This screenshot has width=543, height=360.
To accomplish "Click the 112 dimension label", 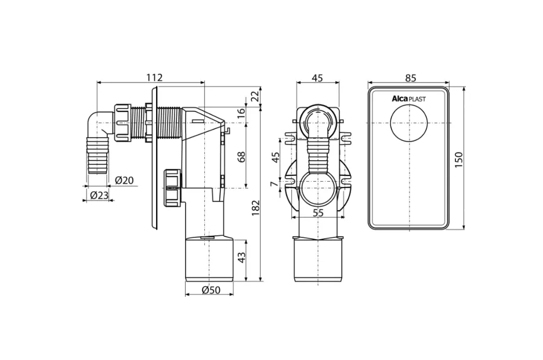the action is [154, 77].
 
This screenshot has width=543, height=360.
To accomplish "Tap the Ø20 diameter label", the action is [124, 181].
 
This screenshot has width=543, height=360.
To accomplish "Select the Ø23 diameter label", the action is [99, 196].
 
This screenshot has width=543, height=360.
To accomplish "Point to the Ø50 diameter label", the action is [211, 290].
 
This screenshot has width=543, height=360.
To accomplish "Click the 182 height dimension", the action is [255, 208].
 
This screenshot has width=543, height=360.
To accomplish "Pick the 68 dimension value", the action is [241, 157].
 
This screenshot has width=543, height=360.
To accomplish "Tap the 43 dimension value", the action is [241, 257].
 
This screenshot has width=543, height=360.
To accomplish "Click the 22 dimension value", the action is [255, 96].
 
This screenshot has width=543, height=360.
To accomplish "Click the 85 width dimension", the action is [410, 78].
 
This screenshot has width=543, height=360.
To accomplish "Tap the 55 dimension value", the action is [318, 213].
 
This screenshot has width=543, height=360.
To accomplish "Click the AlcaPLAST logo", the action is [408, 99].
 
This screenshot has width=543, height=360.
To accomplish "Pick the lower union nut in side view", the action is [173, 188].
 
